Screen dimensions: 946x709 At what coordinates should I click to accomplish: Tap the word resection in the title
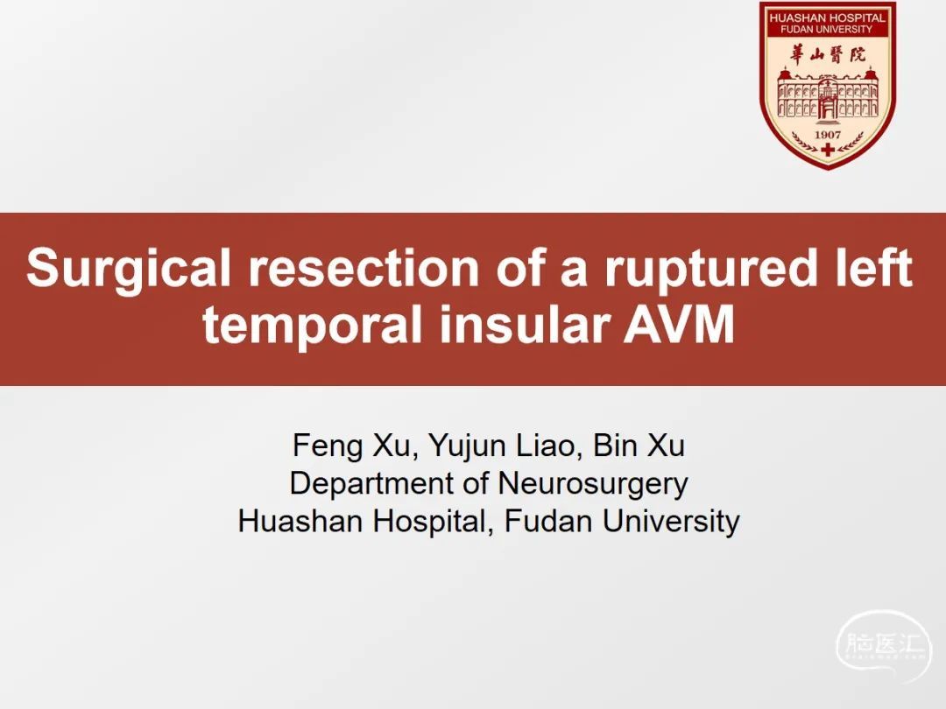pos(364,268)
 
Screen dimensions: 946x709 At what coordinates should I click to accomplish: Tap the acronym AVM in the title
pos(679,325)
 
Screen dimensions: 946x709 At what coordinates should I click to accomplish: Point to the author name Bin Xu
pos(639,446)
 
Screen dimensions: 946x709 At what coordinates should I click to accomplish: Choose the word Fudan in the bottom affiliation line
pos(547,522)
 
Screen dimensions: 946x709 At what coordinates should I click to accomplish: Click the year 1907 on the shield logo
pos(828,135)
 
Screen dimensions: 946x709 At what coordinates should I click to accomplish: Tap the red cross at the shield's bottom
pos(828,149)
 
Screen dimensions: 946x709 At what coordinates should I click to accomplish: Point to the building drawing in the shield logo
pos(828,94)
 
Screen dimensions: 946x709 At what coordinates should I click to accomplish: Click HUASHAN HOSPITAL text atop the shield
pos(827,18)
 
